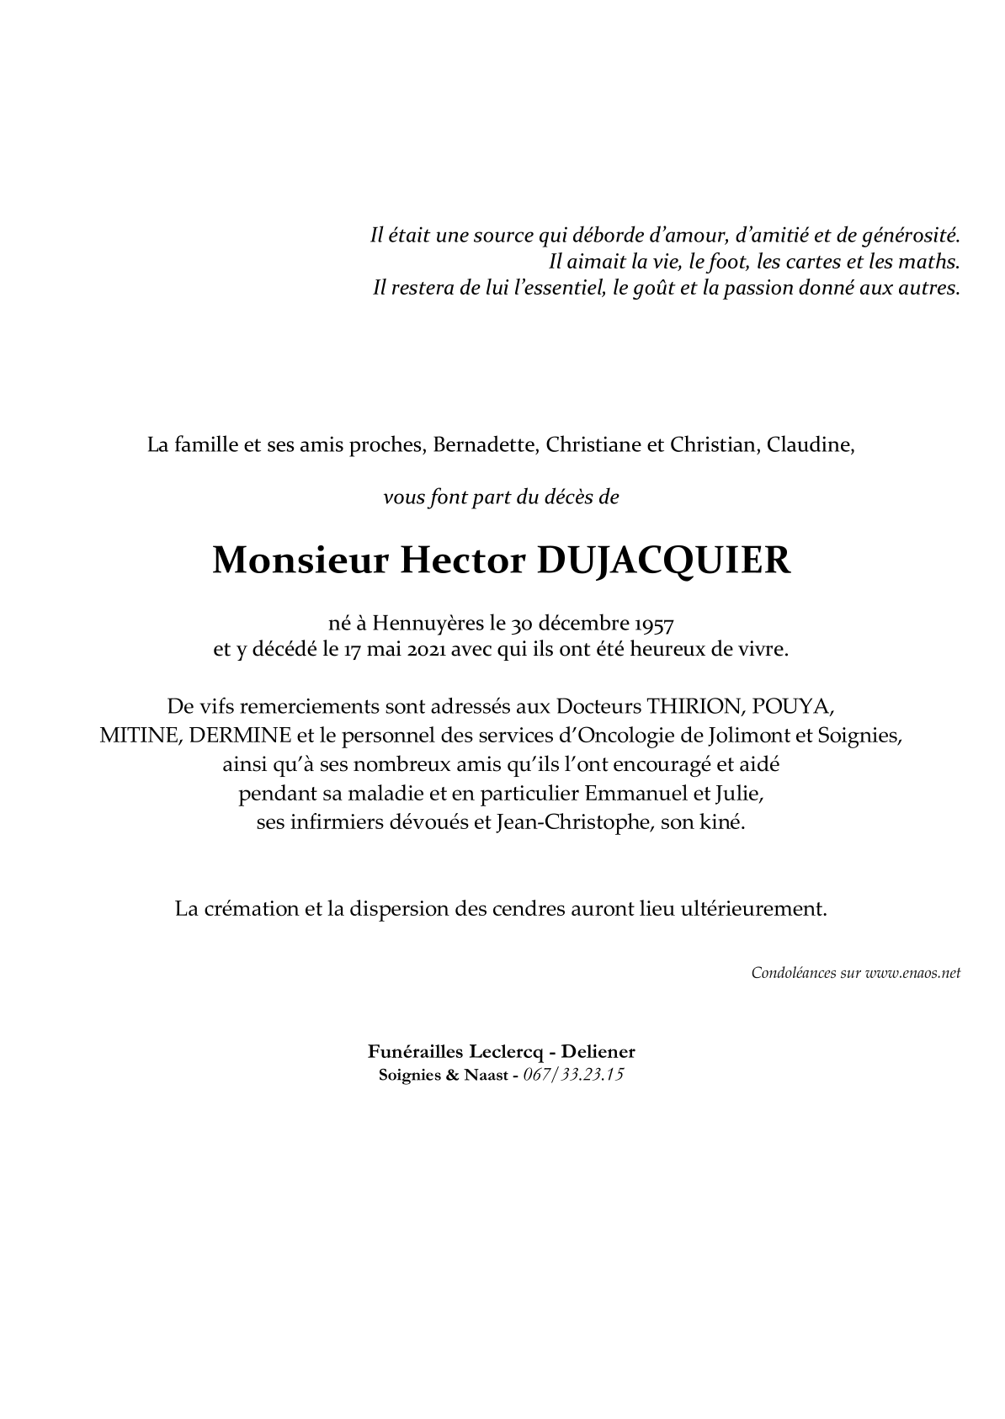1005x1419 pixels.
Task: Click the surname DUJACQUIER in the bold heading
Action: click(663, 561)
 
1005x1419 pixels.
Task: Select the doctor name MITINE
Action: click(137, 735)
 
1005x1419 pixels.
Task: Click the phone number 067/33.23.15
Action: click(573, 1075)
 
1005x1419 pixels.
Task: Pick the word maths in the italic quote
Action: click(932, 261)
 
